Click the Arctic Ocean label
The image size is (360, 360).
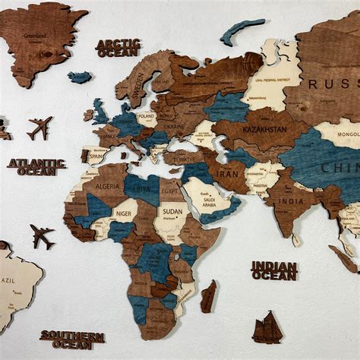pyautogui.click(x=118, y=48)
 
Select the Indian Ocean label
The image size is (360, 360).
pyautogui.click(x=274, y=270)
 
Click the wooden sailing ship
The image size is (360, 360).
pyautogui.click(x=267, y=328)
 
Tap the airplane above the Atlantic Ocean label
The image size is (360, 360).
pyautogui.click(x=39, y=127)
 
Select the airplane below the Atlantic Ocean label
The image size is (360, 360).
pyautogui.click(x=43, y=235)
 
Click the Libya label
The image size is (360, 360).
pyautogui.click(x=141, y=187)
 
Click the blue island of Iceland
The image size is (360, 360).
pyautogui.click(x=79, y=77)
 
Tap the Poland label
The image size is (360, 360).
pyautogui.click(x=147, y=118)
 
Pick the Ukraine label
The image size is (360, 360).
pyautogui.click(x=174, y=125)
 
